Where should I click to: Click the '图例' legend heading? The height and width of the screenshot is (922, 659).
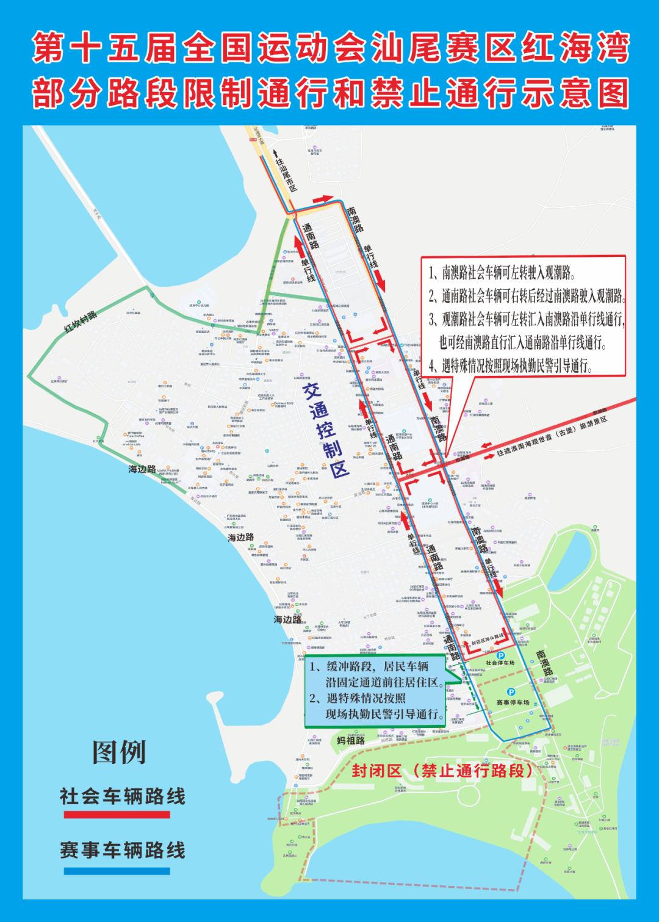click(x=119, y=752)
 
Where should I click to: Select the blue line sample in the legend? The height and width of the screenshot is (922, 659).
click(x=117, y=871)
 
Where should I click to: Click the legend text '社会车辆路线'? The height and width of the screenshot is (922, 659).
click(x=123, y=796)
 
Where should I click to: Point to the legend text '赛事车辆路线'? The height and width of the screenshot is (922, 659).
click(x=123, y=850)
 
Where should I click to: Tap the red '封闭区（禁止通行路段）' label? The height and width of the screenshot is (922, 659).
click(x=443, y=771)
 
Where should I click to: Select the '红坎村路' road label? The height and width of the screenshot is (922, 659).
click(x=80, y=322)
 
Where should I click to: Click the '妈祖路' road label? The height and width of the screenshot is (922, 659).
click(x=351, y=740)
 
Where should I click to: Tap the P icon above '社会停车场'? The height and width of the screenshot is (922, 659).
click(x=500, y=655)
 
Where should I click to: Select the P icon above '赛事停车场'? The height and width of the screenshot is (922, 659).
click(x=511, y=692)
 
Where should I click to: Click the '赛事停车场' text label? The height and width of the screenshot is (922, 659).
click(x=513, y=702)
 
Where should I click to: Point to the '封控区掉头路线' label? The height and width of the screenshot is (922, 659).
click(x=488, y=640)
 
